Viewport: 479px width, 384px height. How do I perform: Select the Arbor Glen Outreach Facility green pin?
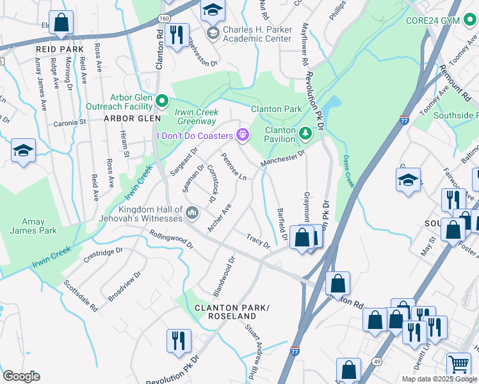[163, 101]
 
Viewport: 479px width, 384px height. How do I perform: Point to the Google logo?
[22, 376]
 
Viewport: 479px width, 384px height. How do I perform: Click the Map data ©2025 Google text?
[439, 379]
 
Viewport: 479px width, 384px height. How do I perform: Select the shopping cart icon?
[459, 364]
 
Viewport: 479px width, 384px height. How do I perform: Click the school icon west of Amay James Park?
[23, 150]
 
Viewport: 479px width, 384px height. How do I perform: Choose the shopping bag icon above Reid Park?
[61, 22]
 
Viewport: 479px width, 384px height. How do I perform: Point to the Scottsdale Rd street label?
[80, 295]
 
